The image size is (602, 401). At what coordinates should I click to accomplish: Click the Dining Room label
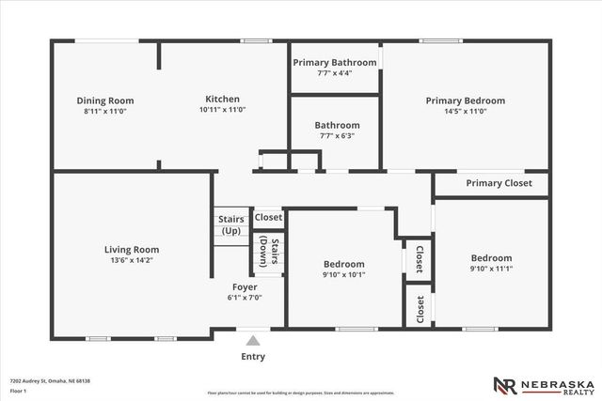coord(104,100)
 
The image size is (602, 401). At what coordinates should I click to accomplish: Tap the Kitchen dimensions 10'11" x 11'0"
coord(222,109)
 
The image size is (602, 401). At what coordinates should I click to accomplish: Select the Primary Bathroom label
coord(334,63)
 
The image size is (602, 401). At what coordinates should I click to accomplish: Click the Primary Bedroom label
coord(465,100)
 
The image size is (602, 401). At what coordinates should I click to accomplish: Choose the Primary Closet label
coord(499,183)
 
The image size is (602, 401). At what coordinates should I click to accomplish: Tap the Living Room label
coord(131,250)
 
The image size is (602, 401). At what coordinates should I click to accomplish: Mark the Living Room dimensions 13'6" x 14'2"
coord(131,260)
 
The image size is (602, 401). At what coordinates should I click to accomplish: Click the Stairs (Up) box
coord(230,225)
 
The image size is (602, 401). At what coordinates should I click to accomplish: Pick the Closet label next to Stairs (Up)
coord(268,217)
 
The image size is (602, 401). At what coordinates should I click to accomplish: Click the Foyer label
coord(246,287)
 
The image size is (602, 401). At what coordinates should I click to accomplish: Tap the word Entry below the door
coord(253,357)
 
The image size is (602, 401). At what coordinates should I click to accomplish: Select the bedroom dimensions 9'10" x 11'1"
coord(491,268)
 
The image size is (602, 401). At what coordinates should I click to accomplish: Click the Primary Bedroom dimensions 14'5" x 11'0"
coord(465,111)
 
